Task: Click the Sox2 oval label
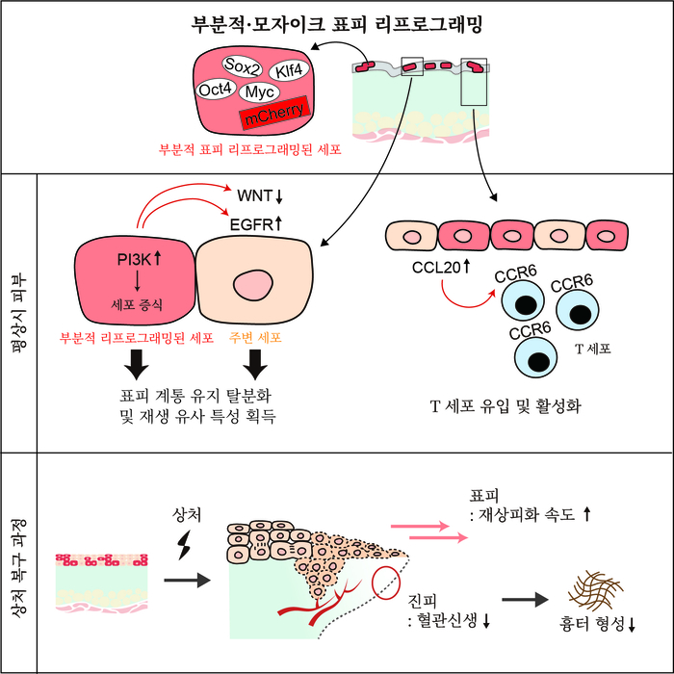[243, 65]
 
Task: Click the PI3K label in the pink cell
[133, 258]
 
